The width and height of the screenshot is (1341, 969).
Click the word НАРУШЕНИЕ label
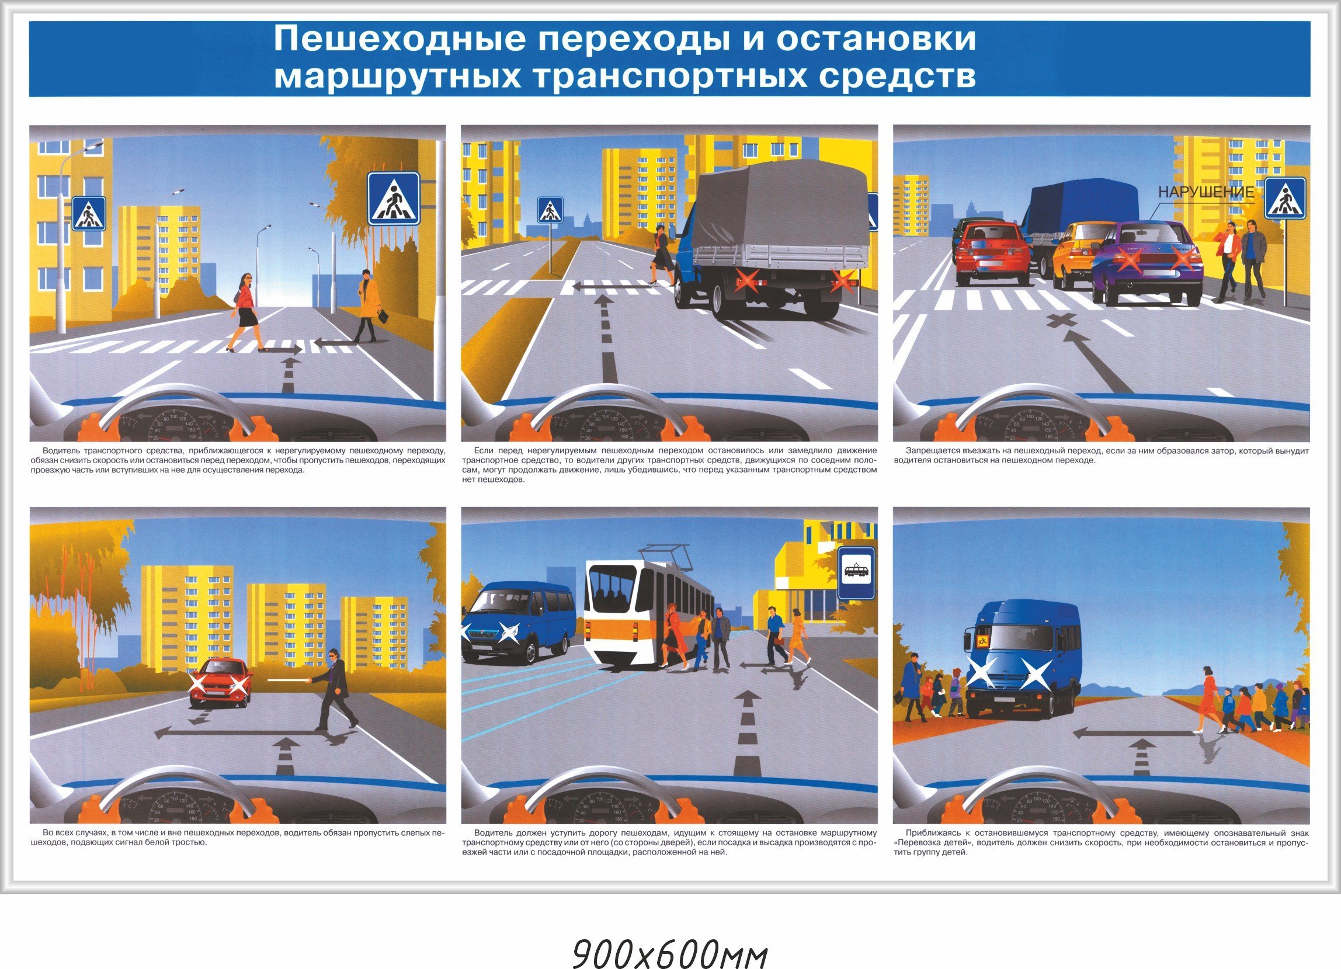[1205, 192]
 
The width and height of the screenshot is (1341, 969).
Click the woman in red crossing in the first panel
[247, 311]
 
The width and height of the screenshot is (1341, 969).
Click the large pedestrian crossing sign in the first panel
[393, 199]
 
